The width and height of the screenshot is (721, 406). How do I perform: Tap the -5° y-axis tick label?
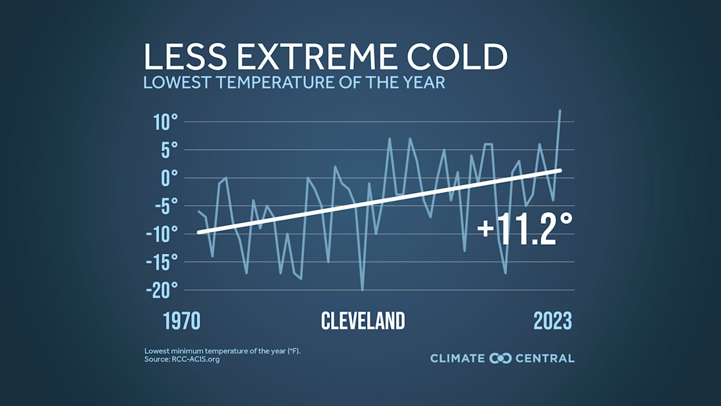pos(164,206)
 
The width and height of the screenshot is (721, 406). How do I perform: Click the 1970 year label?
pos(182,321)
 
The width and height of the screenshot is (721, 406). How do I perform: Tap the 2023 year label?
pos(553,321)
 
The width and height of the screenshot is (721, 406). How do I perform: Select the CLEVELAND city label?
pos(363,321)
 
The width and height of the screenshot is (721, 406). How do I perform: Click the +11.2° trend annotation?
pos(525,230)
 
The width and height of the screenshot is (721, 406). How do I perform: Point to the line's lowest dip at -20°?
pos(362,289)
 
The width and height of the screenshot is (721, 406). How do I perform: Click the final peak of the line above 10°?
pos(560,111)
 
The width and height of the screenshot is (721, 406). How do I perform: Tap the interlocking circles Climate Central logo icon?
pos(500,358)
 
